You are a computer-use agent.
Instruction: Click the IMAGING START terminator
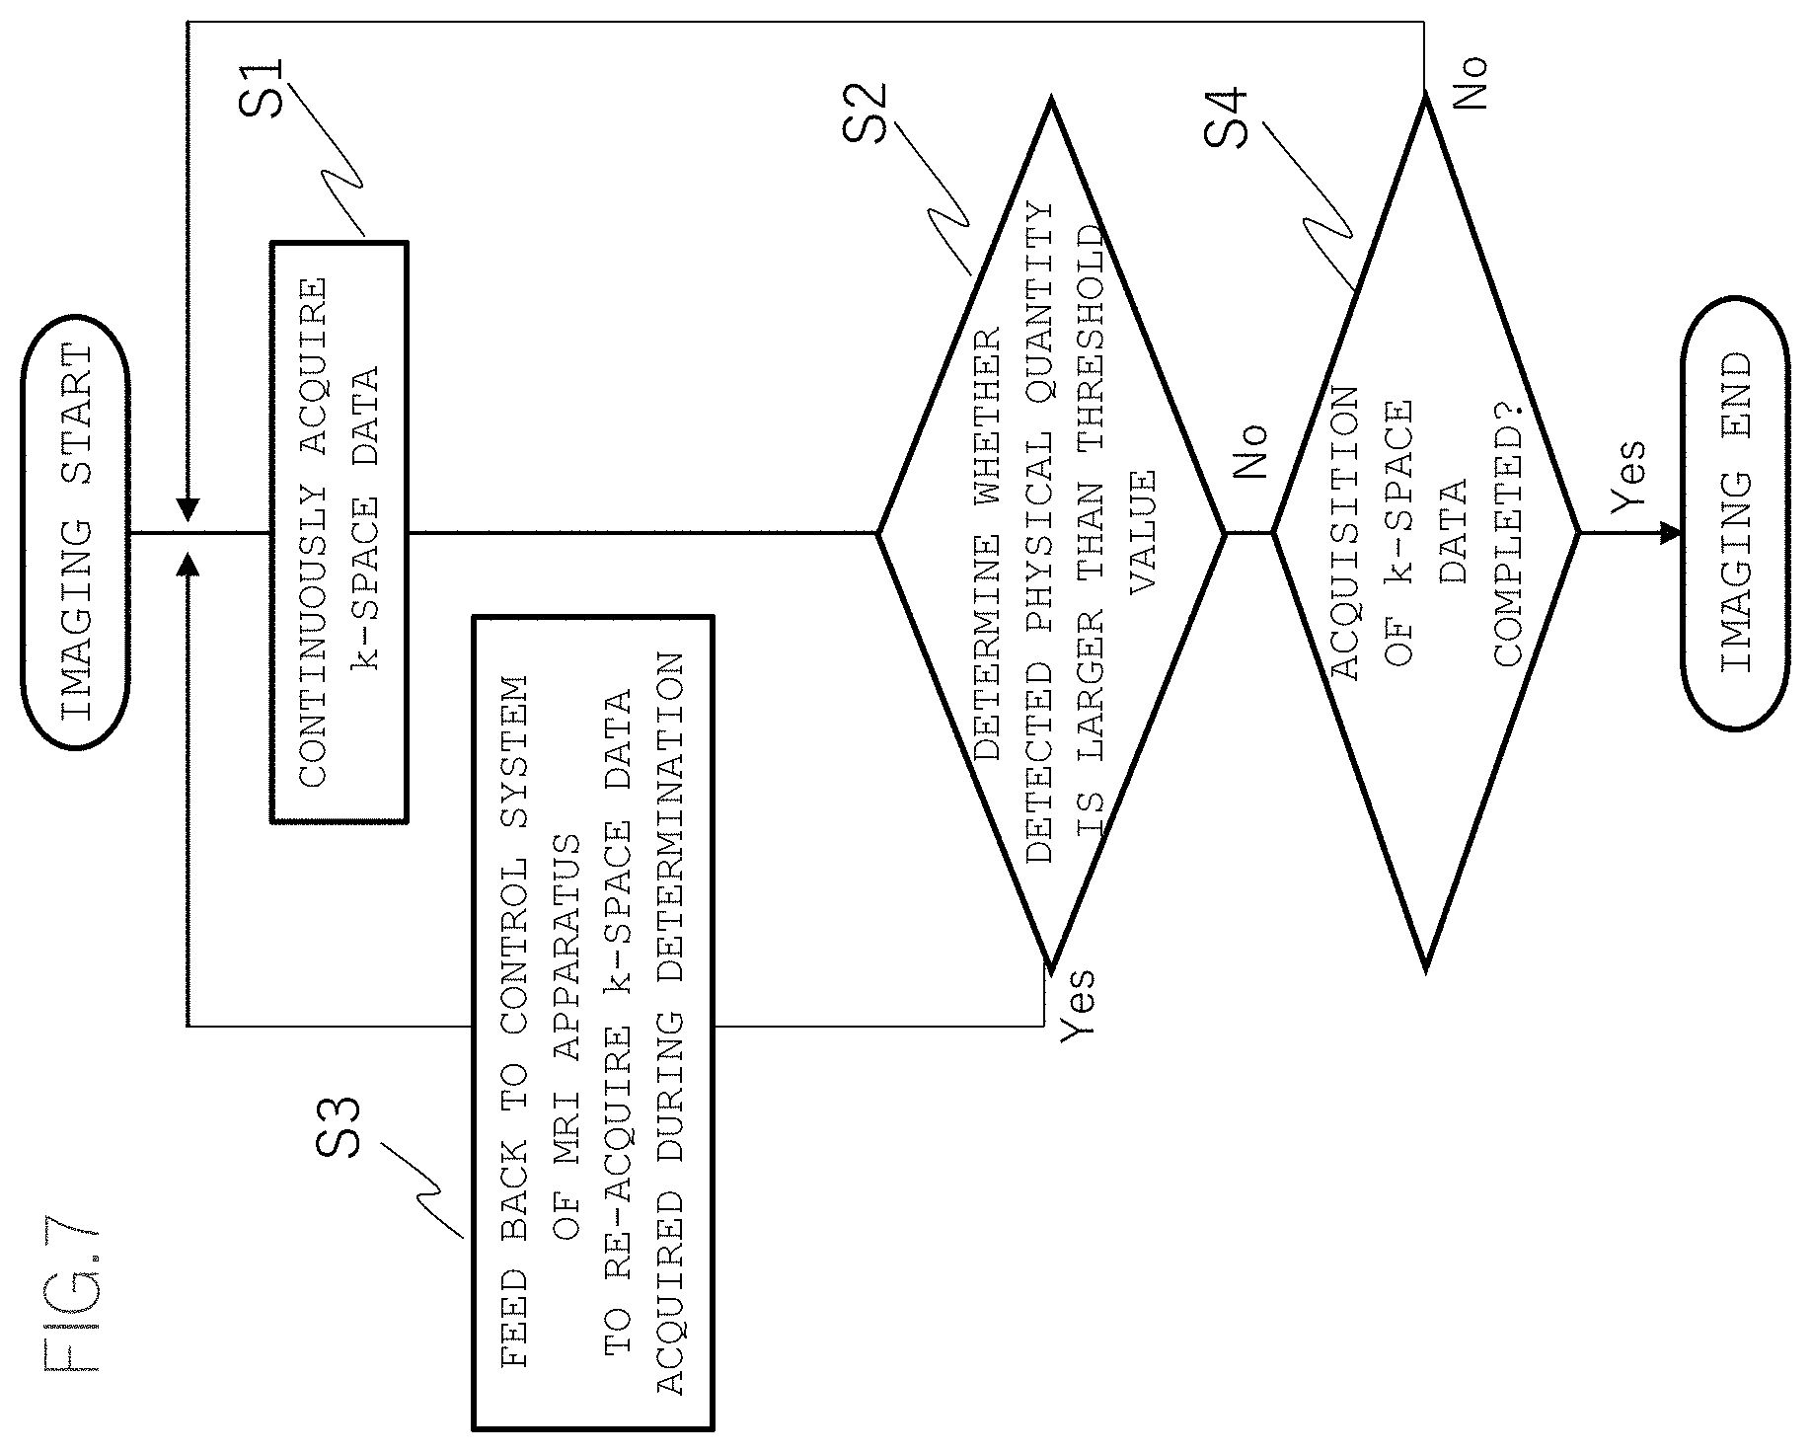tap(75, 533)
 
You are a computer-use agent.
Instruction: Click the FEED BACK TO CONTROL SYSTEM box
tap(593, 1023)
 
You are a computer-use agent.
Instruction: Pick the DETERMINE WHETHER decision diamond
tap(1052, 533)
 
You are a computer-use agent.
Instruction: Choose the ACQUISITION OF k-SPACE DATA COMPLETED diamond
tap(1426, 533)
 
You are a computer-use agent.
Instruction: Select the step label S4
tap(1227, 117)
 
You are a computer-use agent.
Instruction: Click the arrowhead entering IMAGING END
tap(1670, 533)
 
